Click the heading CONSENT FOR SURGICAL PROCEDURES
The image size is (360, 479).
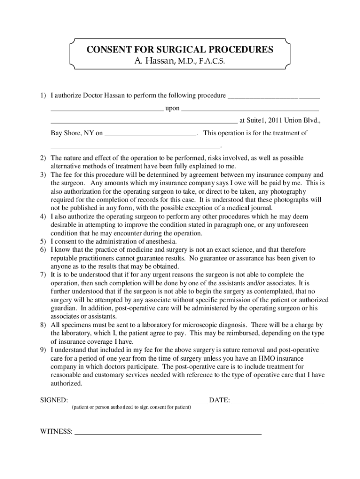tap(180, 50)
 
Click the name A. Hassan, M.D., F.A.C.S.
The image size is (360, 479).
tap(180, 61)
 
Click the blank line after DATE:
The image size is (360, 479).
tap(277, 401)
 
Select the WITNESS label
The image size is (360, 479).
tap(55, 431)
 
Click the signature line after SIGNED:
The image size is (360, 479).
tap(138, 401)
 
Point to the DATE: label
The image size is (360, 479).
tap(219, 400)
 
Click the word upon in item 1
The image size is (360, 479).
tap(172, 109)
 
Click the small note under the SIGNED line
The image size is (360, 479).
tap(131, 407)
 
